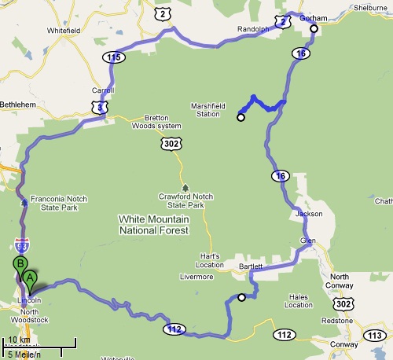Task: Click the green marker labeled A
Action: [x=30, y=277]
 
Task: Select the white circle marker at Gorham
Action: [x=314, y=29]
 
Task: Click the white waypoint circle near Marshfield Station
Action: [x=241, y=119]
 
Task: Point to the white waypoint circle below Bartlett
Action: [x=241, y=297]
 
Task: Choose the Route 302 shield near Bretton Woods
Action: [x=171, y=144]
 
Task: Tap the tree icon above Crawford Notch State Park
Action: [x=185, y=188]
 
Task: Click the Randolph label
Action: [x=253, y=30]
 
